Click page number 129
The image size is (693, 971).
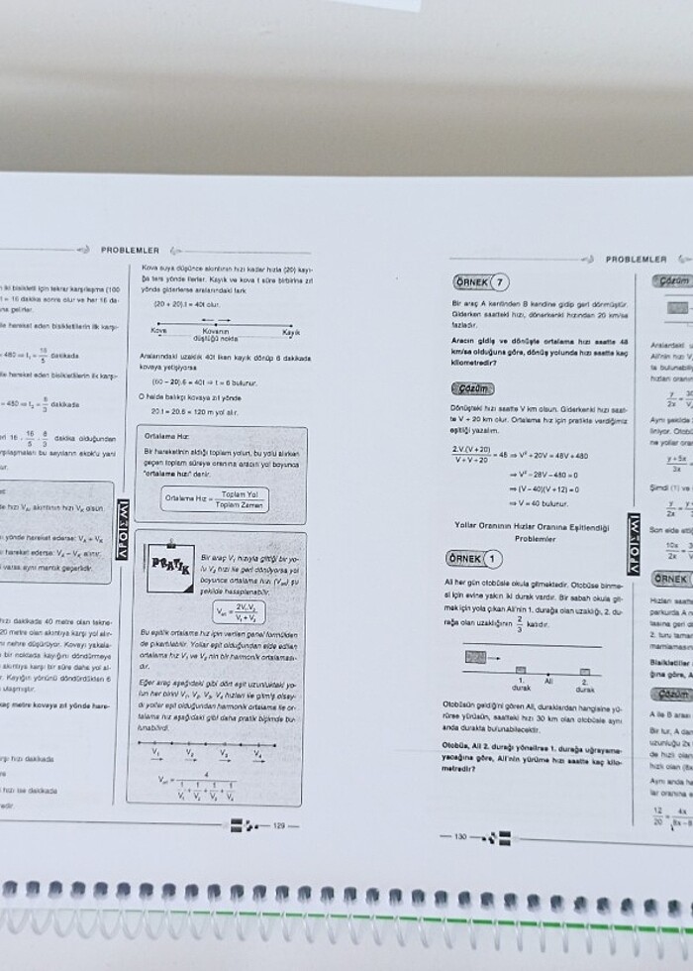coord(279,824)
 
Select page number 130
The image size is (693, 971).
coord(459,836)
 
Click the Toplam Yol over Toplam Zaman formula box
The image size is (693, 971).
coord(214,497)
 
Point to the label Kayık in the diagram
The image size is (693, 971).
coord(291,332)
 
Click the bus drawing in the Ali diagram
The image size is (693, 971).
coord(477,656)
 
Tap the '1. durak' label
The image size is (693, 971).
coord(520,685)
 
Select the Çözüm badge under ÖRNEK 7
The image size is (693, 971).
coord(471,388)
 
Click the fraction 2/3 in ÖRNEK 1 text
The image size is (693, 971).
coord(517,624)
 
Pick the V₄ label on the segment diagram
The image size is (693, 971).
coord(257,754)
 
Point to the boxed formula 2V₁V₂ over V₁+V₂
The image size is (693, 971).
coord(243,611)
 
